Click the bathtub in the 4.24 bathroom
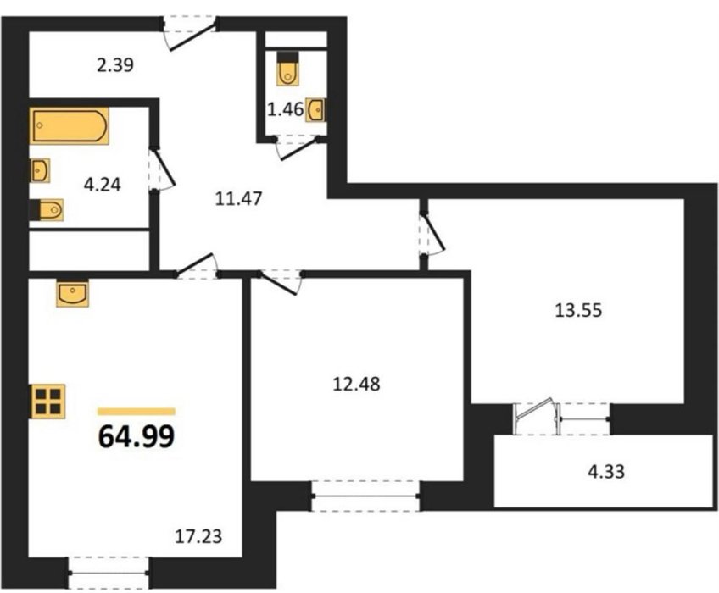(x=70, y=125)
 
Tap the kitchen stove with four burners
(x=48, y=402)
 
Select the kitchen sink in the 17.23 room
(x=72, y=294)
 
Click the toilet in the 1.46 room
(x=288, y=68)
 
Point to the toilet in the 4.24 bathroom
(x=47, y=210)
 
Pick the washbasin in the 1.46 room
(x=315, y=110)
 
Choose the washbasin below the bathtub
(x=40, y=170)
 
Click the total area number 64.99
(x=137, y=435)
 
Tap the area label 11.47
(x=238, y=199)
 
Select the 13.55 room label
(x=578, y=311)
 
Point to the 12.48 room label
(x=356, y=384)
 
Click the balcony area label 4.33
(x=606, y=472)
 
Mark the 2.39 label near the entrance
(x=115, y=65)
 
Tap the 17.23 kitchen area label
(x=198, y=535)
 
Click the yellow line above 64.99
(x=137, y=412)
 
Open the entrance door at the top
(x=192, y=35)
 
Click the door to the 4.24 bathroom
(x=162, y=169)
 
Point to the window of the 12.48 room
(x=365, y=496)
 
